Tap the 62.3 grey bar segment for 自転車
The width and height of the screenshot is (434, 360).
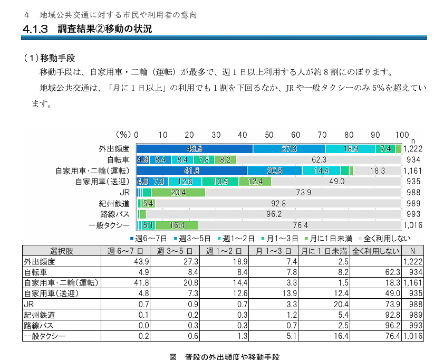[319, 159]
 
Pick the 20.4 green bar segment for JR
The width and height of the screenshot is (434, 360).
[178, 193]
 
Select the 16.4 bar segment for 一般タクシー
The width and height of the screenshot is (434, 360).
[176, 225]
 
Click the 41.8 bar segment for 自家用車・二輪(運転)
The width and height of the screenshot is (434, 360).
[191, 170]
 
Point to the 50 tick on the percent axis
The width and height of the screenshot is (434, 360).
[269, 134]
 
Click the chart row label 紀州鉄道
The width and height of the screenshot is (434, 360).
[113, 204]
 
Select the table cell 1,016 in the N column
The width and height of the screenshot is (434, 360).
[413, 336]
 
